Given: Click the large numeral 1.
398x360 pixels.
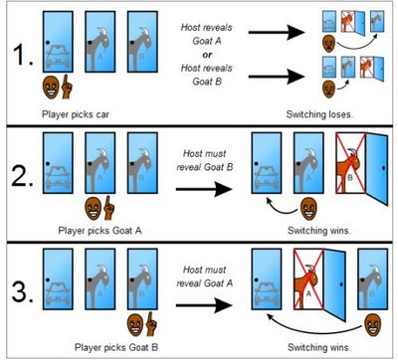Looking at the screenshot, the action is click(23, 54).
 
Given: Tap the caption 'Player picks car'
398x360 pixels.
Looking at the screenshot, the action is click(76, 114).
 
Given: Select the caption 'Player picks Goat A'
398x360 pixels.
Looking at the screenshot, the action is click(99, 231).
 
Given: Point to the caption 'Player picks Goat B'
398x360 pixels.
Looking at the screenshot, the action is click(116, 347).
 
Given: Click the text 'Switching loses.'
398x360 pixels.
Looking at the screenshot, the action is click(319, 114).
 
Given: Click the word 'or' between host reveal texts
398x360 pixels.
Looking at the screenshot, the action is click(207, 55).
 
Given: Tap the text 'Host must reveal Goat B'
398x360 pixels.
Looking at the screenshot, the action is click(205, 160).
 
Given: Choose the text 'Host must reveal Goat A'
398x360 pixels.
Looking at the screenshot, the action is click(205, 276).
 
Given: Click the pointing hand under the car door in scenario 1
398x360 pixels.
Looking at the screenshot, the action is click(67, 87).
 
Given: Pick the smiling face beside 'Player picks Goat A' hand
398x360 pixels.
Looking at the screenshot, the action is click(93, 208).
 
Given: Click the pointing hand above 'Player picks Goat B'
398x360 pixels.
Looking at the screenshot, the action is click(151, 323).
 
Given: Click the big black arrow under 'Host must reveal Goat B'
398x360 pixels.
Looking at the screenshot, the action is click(204, 189).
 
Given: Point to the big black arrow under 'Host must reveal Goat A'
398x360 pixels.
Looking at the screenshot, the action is click(204, 305).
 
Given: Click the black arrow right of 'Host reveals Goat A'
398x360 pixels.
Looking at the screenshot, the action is click(277, 33).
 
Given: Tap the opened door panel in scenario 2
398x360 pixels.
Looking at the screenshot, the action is click(376, 169).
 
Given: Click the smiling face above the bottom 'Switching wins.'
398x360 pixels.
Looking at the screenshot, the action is click(373, 325).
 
